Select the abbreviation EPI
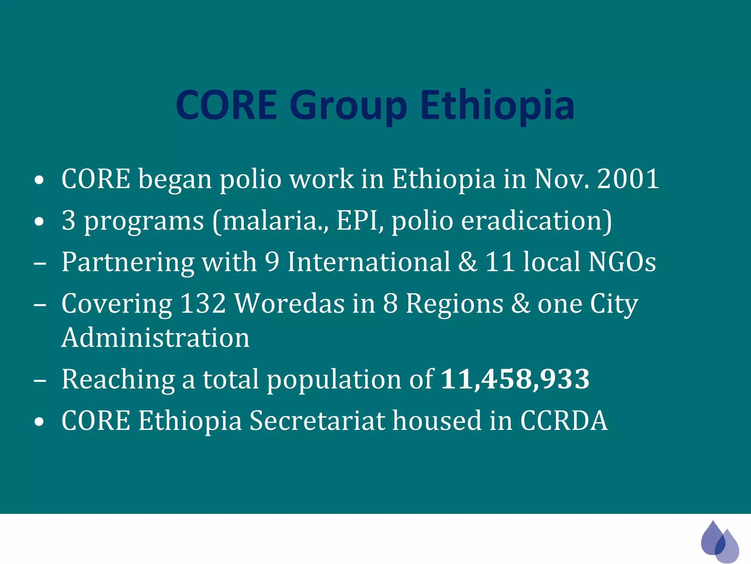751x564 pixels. click(x=358, y=221)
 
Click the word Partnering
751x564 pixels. click(x=128, y=263)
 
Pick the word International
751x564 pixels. click(x=368, y=262)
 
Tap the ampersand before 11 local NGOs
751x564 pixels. click(x=468, y=262)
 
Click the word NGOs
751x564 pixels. click(x=622, y=262)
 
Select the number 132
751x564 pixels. click(x=203, y=304)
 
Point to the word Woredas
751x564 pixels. click(x=289, y=304)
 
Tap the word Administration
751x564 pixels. click(x=155, y=338)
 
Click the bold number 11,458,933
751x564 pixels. click(x=515, y=379)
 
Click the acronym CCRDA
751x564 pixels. click(x=564, y=421)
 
